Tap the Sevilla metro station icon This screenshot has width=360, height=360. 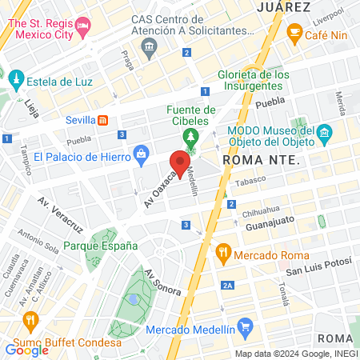click(102, 121)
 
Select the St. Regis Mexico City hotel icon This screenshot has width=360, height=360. click(83, 30)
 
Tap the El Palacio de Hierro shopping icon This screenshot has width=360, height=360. click(141, 152)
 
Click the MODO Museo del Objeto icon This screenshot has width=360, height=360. click(324, 132)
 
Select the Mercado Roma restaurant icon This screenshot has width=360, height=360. click(224, 255)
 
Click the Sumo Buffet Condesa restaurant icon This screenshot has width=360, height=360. click(31, 322)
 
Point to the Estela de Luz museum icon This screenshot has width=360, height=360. click(15, 82)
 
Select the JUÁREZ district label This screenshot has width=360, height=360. click(283, 6)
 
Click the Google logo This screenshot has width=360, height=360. click(26, 349)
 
